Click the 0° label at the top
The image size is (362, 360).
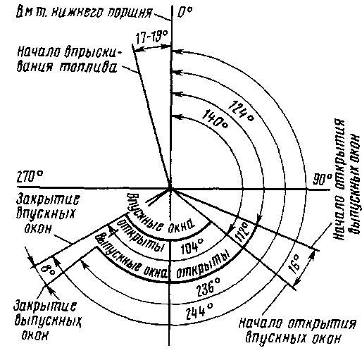pyautogui.click(x=185, y=12)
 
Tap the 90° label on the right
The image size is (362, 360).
pyautogui.click(x=323, y=180)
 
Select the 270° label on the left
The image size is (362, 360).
pyautogui.click(x=30, y=177)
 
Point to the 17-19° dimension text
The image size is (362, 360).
pyautogui.click(x=152, y=37)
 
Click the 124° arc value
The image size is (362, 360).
pyautogui.click(x=241, y=111)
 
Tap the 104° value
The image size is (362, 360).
pyautogui.click(x=192, y=246)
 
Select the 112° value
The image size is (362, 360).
pyautogui.click(x=242, y=232)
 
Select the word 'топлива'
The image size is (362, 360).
pyautogui.click(x=87, y=67)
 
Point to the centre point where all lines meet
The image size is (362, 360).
pyautogui.click(x=170, y=188)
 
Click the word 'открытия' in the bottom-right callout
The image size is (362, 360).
pyautogui.click(x=322, y=323)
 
